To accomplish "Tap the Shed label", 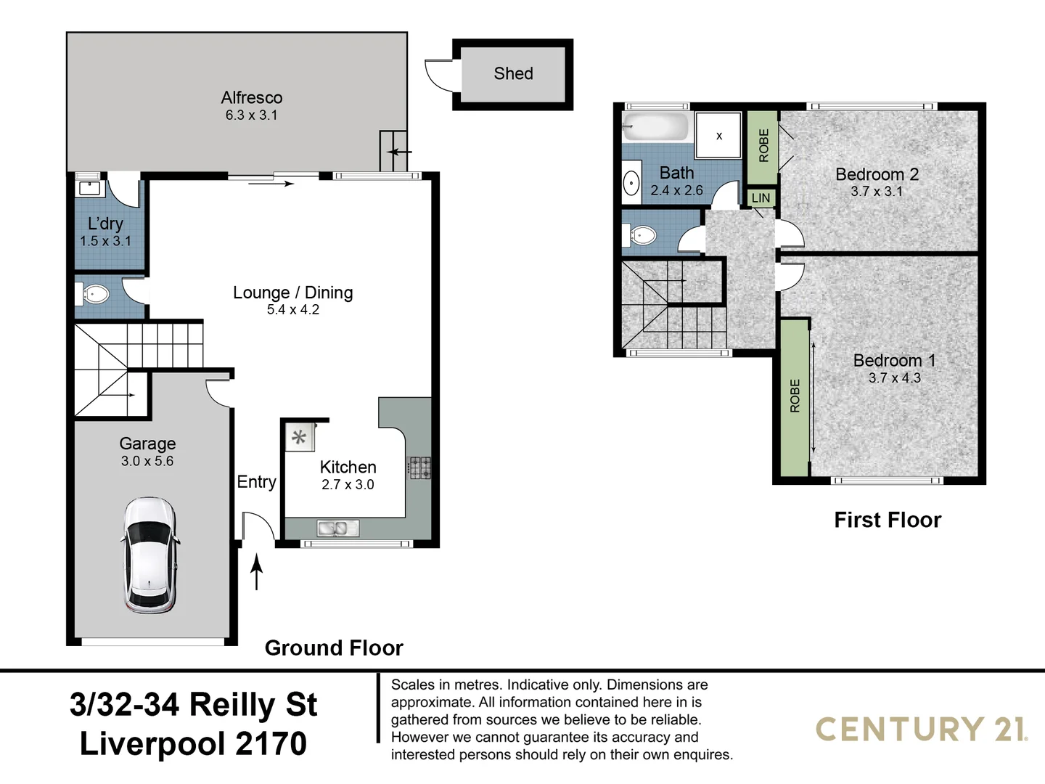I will [x=513, y=73].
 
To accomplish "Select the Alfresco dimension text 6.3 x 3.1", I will [x=251, y=115].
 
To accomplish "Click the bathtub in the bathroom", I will [x=655, y=127].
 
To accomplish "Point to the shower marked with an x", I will [x=718, y=135].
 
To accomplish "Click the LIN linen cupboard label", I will [x=761, y=198].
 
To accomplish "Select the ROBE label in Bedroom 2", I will [x=763, y=145].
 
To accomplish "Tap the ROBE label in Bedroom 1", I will [x=795, y=396].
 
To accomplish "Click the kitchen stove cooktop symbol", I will [x=419, y=467].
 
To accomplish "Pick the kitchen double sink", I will [x=337, y=528].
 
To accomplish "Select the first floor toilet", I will [x=640, y=235].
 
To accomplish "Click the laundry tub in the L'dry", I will [x=89, y=187].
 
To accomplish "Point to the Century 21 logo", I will [x=921, y=729].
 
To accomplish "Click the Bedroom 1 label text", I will [x=894, y=360].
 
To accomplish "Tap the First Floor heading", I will [x=887, y=520].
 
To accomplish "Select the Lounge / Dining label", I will [x=292, y=293].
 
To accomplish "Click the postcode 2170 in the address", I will [x=271, y=743].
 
